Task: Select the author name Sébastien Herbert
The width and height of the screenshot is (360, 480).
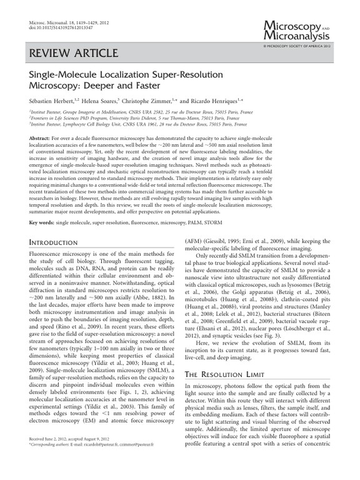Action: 51,100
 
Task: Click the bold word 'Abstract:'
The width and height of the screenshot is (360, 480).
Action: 41,137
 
